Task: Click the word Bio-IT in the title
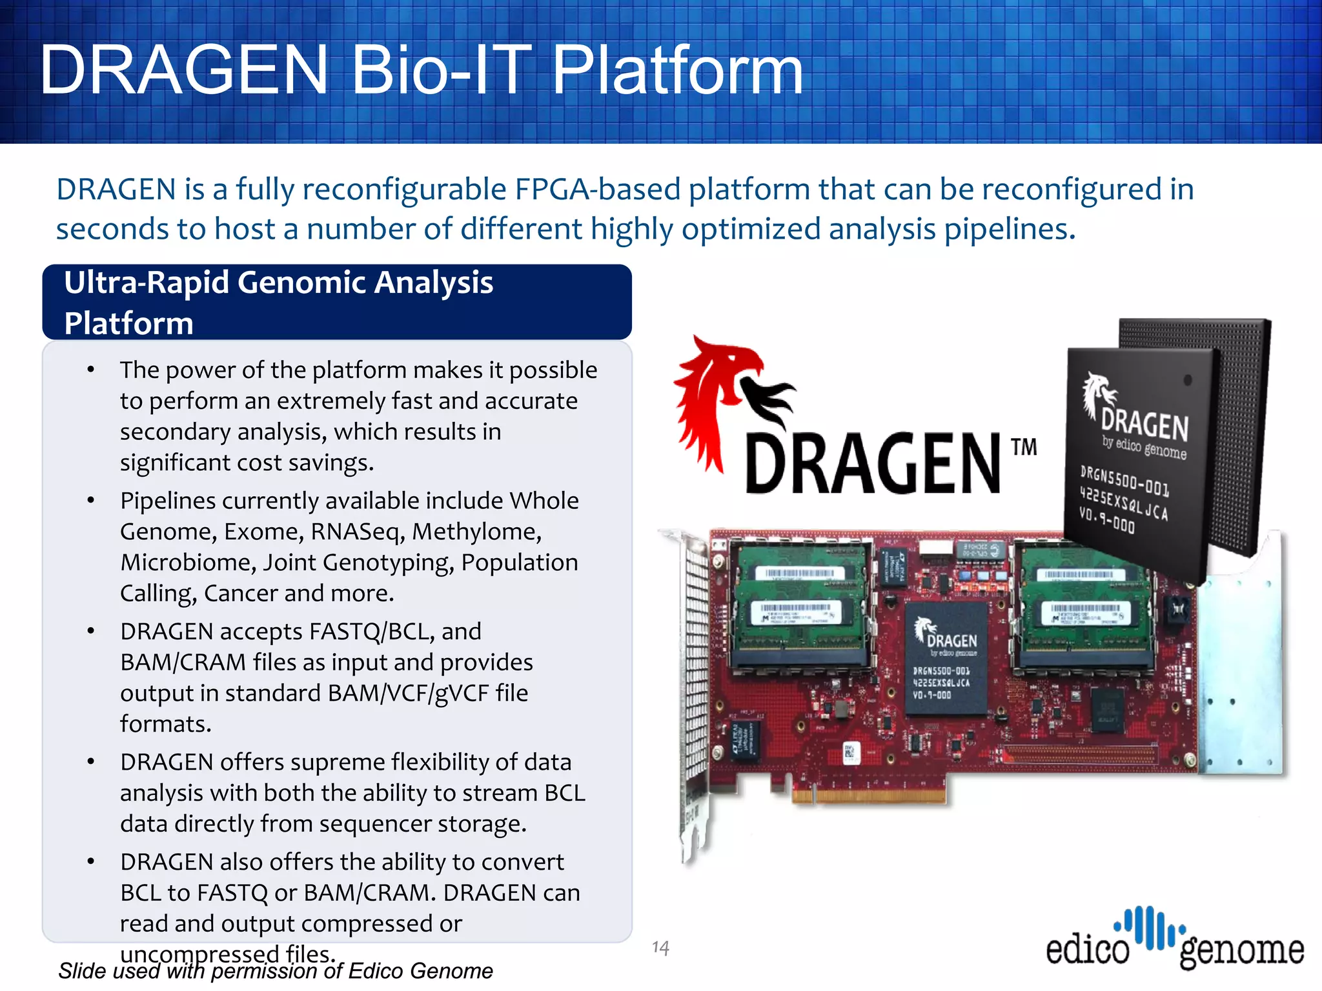[x=432, y=70]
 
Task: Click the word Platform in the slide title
[x=678, y=70]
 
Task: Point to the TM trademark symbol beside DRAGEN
[x=1024, y=446]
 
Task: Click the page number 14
[x=660, y=947]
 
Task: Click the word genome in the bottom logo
[x=1241, y=950]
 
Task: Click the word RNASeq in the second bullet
[x=357, y=532]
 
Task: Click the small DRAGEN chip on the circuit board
[x=945, y=658]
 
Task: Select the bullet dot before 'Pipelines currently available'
[x=91, y=501]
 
